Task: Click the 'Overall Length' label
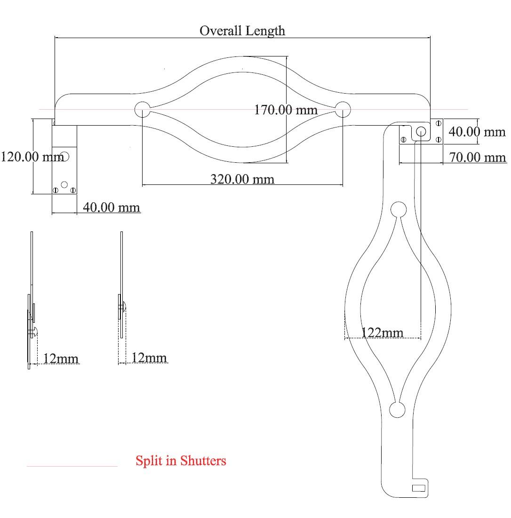pyautogui.click(x=242, y=31)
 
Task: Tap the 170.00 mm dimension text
pyautogui.click(x=286, y=110)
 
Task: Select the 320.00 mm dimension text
pyautogui.click(x=242, y=179)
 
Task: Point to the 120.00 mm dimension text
pyautogui.click(x=32, y=157)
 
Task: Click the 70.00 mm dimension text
pyautogui.click(x=477, y=157)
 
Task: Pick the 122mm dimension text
pyautogui.click(x=382, y=332)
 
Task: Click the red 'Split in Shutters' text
pyautogui.click(x=181, y=461)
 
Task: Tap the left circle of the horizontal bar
pyautogui.click(x=143, y=109)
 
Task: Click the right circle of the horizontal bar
pyautogui.click(x=343, y=109)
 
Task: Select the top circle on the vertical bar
pyautogui.click(x=399, y=209)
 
